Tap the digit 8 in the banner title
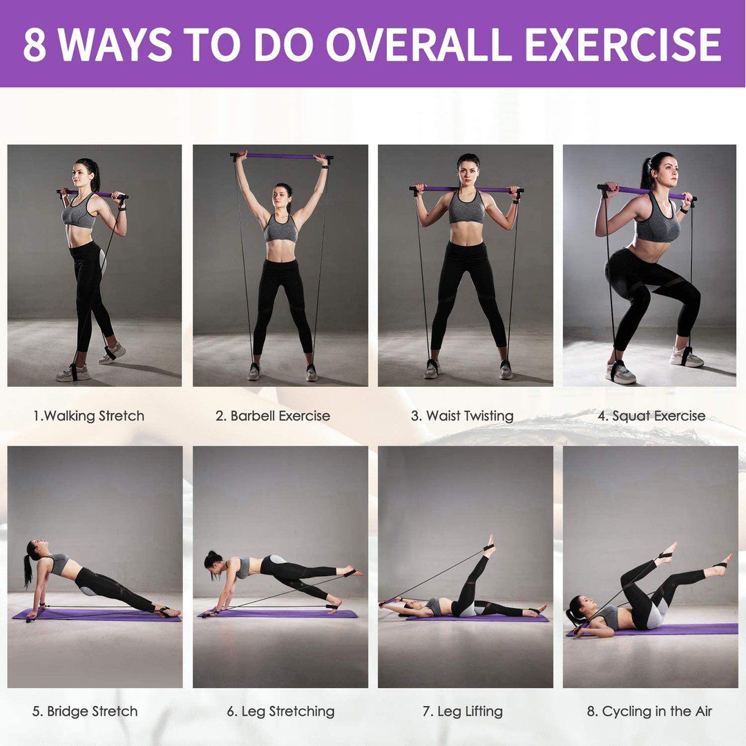pyautogui.click(x=35, y=45)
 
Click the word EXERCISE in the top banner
pyautogui.click(x=623, y=44)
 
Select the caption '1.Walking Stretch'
pyautogui.click(x=88, y=416)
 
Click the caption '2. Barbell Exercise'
pyautogui.click(x=273, y=416)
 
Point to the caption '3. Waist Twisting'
pyautogui.click(x=462, y=416)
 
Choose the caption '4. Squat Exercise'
pyautogui.click(x=652, y=416)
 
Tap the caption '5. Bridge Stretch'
pyautogui.click(x=85, y=711)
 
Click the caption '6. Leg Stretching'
pyautogui.click(x=280, y=711)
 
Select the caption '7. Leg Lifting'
pyautogui.click(x=463, y=711)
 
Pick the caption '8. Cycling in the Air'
pyautogui.click(x=650, y=711)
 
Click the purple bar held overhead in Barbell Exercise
pyautogui.click(x=282, y=156)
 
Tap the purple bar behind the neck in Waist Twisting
pyautogui.click(x=466, y=189)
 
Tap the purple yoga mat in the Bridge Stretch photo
pyautogui.click(x=97, y=615)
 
